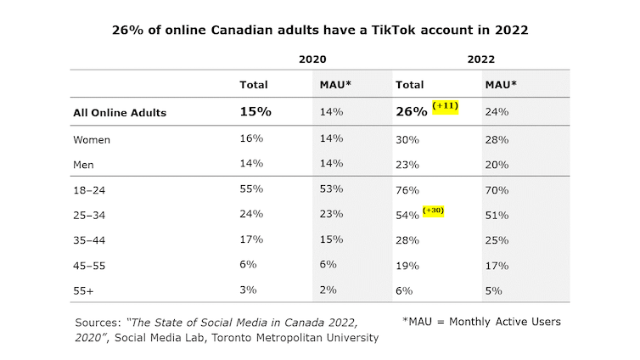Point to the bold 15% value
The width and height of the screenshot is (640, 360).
(255, 111)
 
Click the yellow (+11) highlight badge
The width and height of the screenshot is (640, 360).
(446, 105)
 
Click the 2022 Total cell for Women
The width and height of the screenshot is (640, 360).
(408, 139)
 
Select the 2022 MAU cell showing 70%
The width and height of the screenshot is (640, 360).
(497, 191)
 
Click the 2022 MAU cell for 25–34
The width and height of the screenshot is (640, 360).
(497, 216)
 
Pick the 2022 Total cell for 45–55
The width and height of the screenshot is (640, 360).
(408, 265)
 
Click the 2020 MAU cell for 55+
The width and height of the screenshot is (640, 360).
(328, 290)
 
